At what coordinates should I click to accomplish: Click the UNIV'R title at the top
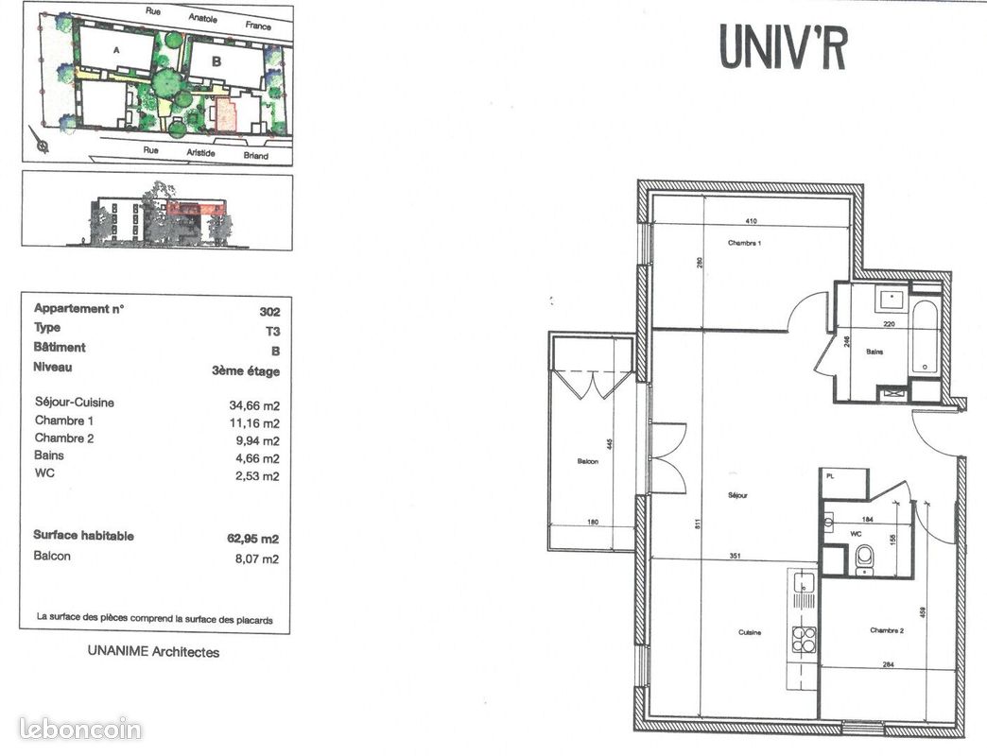783,45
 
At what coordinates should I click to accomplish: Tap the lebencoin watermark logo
80,729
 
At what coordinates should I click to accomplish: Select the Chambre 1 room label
744,243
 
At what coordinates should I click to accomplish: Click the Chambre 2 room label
887,630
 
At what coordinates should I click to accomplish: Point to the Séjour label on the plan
737,494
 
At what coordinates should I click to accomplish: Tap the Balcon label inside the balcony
588,462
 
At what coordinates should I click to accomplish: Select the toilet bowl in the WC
864,562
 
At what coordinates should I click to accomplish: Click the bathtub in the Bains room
925,337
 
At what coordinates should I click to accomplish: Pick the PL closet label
830,477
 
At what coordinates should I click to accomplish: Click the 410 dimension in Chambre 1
752,221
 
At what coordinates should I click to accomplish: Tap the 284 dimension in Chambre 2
888,664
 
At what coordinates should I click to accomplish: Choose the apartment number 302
269,310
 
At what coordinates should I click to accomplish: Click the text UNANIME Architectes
153,651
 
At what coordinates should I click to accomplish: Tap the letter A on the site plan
116,49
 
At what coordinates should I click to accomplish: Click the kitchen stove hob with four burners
804,639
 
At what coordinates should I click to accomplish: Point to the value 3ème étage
246,370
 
